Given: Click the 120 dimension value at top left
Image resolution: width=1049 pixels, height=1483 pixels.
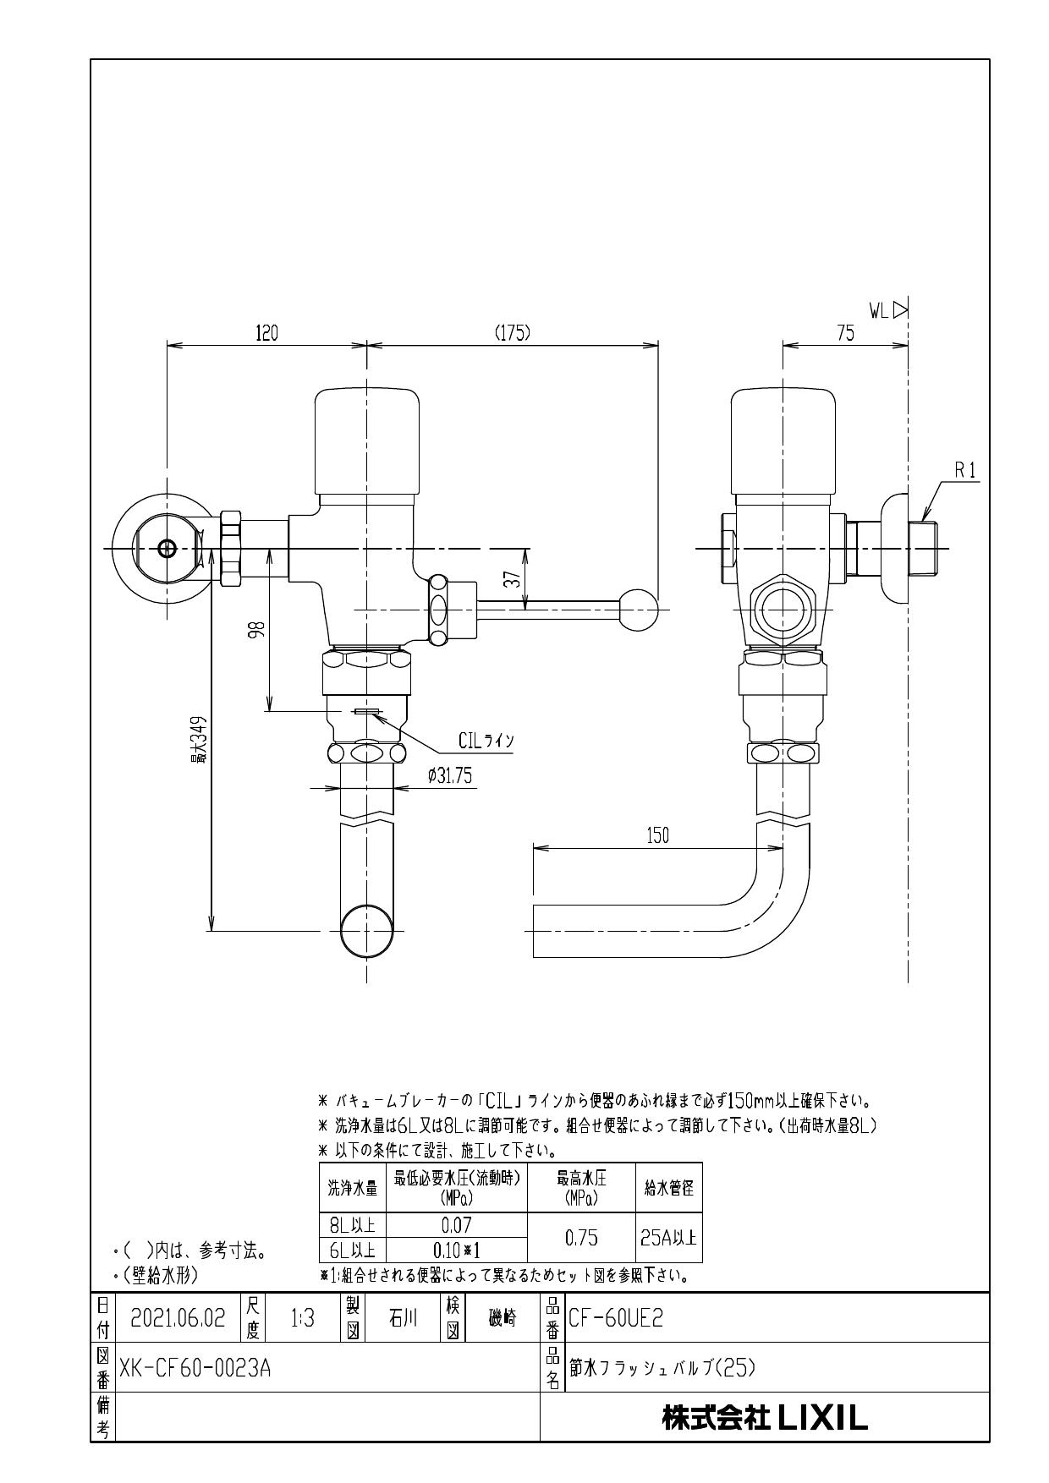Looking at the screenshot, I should click(x=266, y=333).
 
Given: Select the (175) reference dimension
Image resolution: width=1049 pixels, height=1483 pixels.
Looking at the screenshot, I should click(x=512, y=333).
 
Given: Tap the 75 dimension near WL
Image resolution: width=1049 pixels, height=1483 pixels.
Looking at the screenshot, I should click(x=845, y=333).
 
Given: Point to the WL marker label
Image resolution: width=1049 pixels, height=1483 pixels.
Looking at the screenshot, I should click(x=887, y=311).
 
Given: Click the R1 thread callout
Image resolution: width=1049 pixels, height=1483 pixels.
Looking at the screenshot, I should click(x=965, y=473).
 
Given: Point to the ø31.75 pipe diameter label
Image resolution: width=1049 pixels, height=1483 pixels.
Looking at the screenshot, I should click(x=450, y=776).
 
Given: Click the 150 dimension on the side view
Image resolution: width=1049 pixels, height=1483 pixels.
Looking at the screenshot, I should click(x=657, y=836).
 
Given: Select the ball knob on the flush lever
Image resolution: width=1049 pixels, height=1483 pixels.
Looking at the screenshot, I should click(x=639, y=608).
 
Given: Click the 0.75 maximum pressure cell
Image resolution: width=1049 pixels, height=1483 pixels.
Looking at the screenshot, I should click(x=580, y=1238).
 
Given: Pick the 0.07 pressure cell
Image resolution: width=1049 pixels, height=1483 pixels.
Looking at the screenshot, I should click(x=456, y=1224).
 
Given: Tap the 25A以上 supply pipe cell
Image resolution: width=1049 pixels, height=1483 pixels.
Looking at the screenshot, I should click(x=668, y=1238).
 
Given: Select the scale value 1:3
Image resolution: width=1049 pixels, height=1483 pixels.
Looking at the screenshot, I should click(x=302, y=1318).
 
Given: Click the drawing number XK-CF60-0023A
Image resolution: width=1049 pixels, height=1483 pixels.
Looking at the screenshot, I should click(x=195, y=1368).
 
